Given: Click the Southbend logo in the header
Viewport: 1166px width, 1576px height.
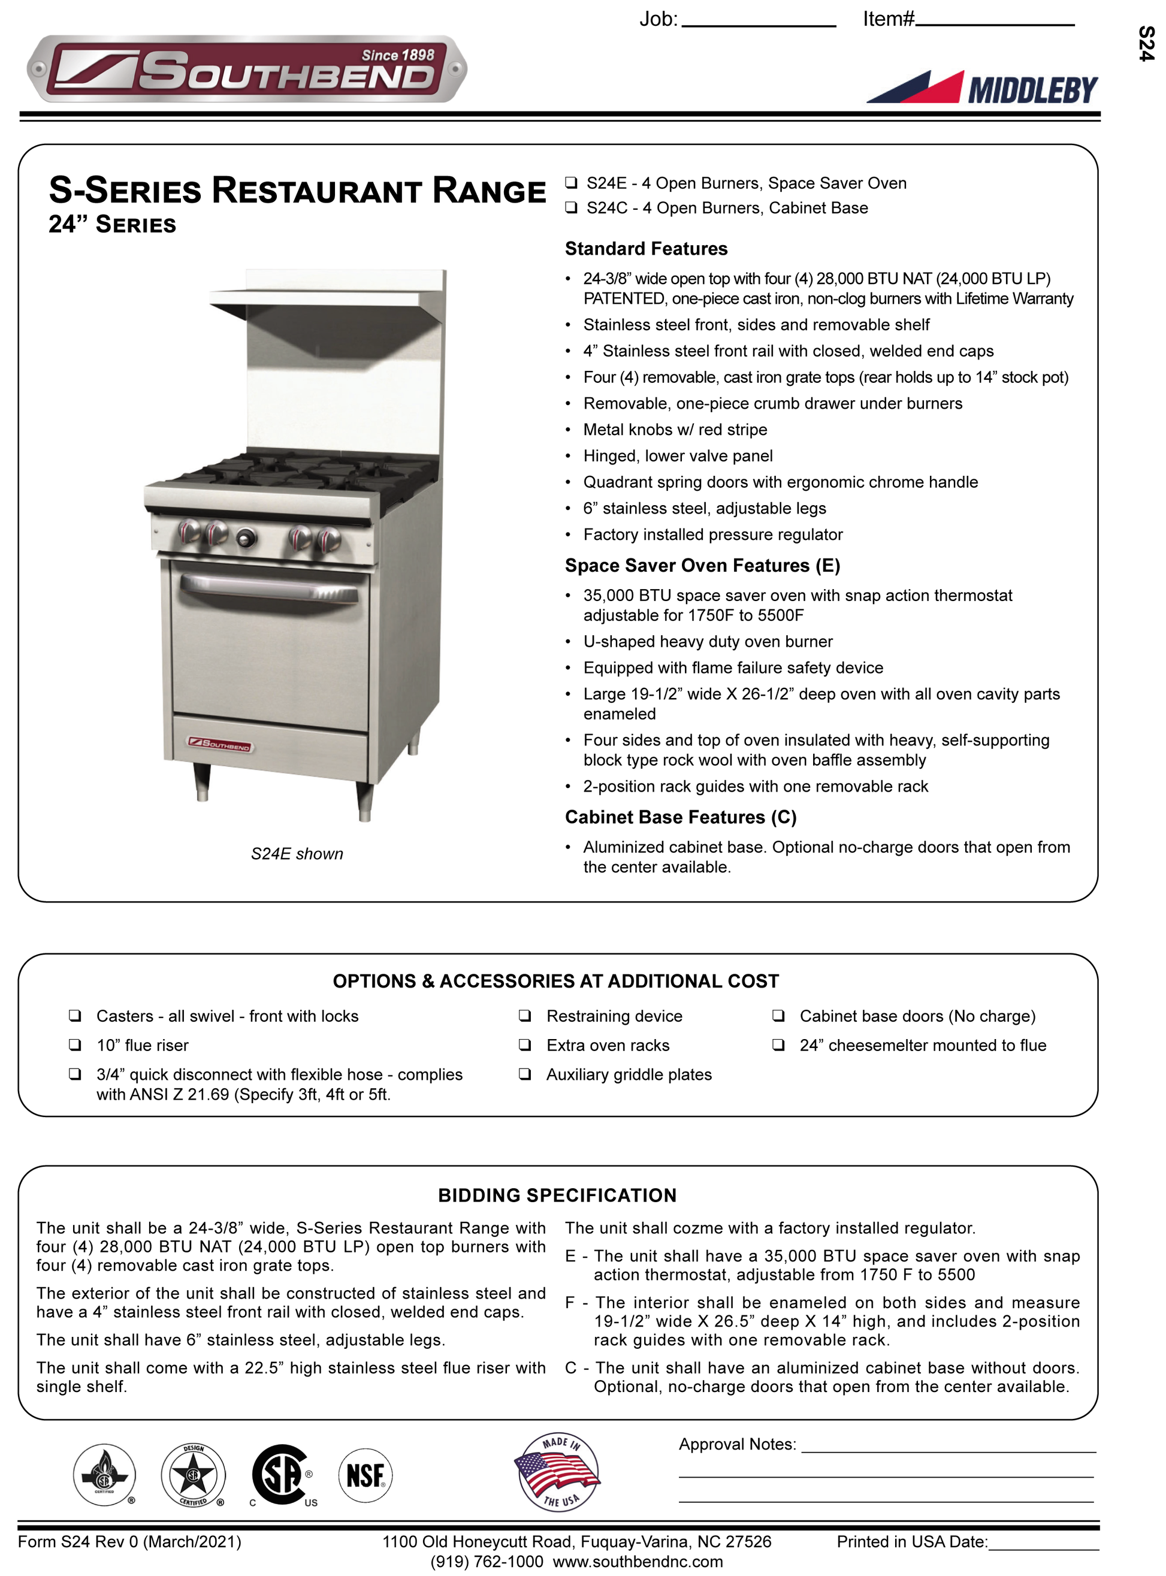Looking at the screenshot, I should [x=246, y=69].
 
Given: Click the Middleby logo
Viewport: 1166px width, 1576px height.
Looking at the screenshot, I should [x=983, y=88].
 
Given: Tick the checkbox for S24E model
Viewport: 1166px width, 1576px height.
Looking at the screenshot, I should [x=571, y=183].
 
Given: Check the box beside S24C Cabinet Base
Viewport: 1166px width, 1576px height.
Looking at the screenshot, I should [x=571, y=208].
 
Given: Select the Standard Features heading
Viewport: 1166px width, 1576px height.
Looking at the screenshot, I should [x=646, y=249].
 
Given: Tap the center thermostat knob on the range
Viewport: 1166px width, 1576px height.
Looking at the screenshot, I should [x=246, y=539].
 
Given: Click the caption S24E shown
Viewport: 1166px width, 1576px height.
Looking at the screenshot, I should [x=297, y=854].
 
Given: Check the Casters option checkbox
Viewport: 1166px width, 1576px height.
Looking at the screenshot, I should [x=75, y=1016].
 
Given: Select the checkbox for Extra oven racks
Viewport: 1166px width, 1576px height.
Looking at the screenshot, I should [x=524, y=1045].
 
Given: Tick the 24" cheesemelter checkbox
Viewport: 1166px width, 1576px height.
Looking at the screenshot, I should [x=778, y=1045].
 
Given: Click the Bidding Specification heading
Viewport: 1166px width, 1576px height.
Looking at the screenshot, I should [x=557, y=1195].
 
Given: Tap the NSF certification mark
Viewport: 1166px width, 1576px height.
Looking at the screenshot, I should [x=365, y=1476].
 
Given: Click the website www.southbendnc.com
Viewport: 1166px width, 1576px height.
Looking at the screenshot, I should [x=638, y=1562].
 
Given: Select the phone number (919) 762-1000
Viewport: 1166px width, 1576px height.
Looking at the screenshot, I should [x=487, y=1562].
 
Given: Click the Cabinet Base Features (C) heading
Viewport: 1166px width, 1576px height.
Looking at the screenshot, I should [x=681, y=817].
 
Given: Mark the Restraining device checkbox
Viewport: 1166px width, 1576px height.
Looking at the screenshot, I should [x=524, y=1016].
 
